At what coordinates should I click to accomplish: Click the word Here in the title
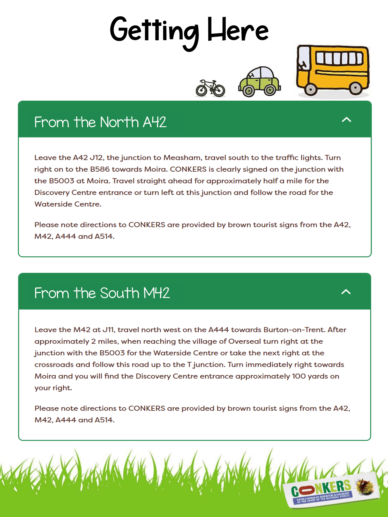[238, 31]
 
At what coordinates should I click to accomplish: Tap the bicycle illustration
[210, 88]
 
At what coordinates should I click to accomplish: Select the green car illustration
[259, 82]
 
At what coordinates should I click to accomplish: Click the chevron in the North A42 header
[346, 119]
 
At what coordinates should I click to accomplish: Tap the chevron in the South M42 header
[346, 292]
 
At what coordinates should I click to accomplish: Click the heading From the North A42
[100, 122]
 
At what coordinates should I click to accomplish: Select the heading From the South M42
[102, 293]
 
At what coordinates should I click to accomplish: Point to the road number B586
[100, 169]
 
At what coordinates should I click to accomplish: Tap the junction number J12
[97, 158]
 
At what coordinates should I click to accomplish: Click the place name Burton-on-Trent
[294, 330]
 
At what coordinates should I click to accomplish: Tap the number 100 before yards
[299, 376]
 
